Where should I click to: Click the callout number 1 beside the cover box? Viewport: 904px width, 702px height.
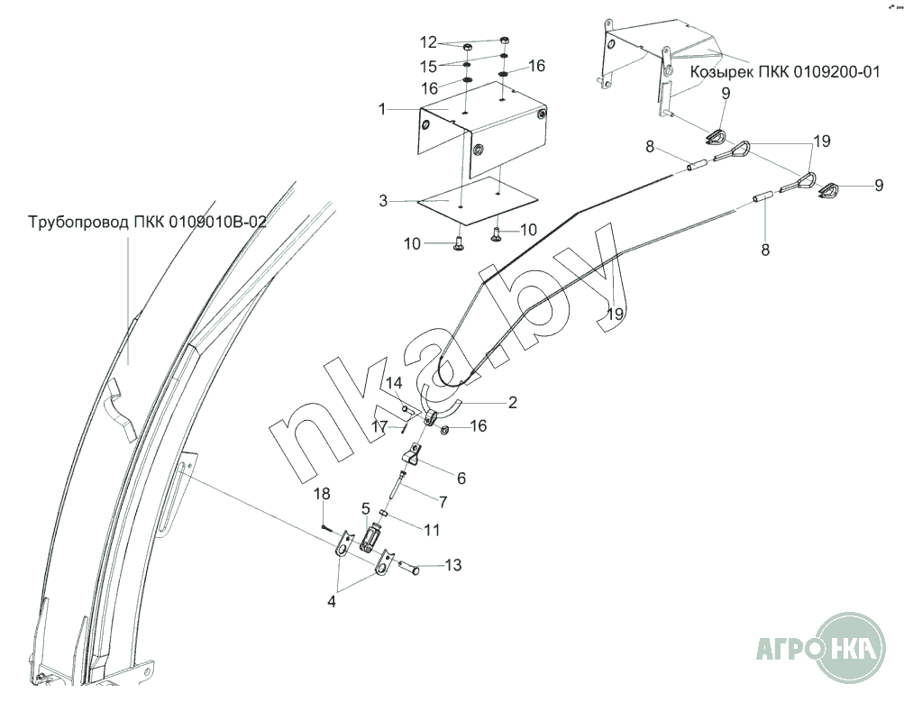[x=381, y=108]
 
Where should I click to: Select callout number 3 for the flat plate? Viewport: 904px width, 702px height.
[x=383, y=201]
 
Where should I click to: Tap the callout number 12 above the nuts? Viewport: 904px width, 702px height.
[x=429, y=42]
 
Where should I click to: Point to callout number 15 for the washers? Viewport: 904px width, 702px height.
[x=428, y=67]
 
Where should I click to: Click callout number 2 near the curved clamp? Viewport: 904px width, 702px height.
[x=513, y=402]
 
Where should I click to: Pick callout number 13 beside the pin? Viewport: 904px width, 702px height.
[x=453, y=565]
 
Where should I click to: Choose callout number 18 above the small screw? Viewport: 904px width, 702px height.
[x=323, y=494]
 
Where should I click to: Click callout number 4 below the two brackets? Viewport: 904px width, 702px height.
[x=331, y=602]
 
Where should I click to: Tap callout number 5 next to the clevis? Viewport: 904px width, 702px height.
[x=366, y=508]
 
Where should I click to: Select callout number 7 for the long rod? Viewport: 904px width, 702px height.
[x=443, y=502]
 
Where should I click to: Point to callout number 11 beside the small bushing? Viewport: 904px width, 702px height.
[x=432, y=530]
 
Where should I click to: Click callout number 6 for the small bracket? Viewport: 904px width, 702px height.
[x=461, y=479]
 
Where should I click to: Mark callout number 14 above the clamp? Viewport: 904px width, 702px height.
[x=395, y=383]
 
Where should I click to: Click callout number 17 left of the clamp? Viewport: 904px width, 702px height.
[x=379, y=427]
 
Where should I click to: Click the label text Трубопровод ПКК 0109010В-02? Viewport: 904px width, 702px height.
[x=148, y=222]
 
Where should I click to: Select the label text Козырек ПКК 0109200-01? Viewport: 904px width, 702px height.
[x=785, y=72]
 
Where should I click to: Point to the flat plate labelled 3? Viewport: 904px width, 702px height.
[x=478, y=201]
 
